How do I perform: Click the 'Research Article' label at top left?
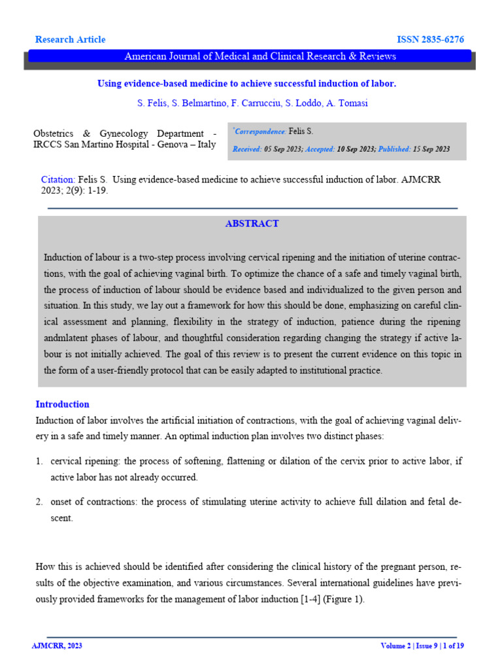point(70,40)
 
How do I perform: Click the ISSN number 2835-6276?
point(431,40)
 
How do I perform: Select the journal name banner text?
point(260,56)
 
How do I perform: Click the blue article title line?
point(247,84)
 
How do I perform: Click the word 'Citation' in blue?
point(58,179)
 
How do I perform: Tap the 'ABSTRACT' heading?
point(252,224)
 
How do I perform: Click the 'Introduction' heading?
point(62,404)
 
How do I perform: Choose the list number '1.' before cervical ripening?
point(39,461)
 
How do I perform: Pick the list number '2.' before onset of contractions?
point(39,502)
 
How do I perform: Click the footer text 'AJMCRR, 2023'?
point(57,646)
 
